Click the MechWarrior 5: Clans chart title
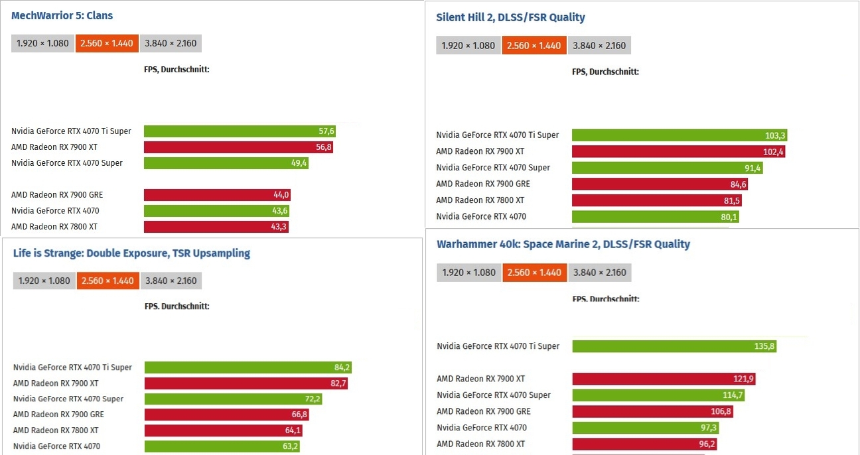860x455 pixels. point(62,15)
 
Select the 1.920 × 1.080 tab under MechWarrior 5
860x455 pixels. point(42,44)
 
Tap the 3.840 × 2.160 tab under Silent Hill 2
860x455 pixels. point(599,46)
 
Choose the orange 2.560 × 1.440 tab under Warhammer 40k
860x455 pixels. point(534,273)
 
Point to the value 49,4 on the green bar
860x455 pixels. point(300,163)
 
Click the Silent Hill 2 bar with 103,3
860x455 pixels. point(679,135)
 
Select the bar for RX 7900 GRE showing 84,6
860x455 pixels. point(660,184)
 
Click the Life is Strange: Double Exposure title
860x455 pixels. point(131,253)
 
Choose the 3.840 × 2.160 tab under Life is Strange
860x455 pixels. point(171,281)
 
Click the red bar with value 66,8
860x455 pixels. point(226,415)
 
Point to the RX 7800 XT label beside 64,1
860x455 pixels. point(56,430)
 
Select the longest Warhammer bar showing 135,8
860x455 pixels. point(674,346)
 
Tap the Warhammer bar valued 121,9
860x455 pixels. point(664,379)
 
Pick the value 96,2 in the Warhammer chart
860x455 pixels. point(706,444)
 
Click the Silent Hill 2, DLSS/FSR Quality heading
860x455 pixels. point(510,17)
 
